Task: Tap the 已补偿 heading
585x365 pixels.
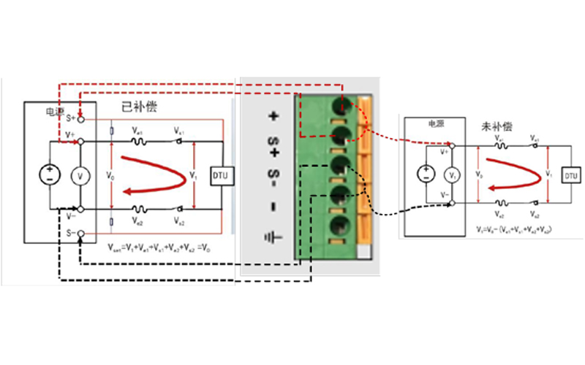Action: pyautogui.click(x=139, y=107)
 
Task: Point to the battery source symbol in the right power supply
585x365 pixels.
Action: pyautogui.click(x=425, y=174)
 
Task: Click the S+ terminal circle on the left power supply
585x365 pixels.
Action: pyautogui.click(x=81, y=118)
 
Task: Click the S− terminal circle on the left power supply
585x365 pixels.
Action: pyautogui.click(x=81, y=234)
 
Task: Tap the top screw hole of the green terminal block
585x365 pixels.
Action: pyautogui.click(x=341, y=102)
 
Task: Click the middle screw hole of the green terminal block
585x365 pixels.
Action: pyautogui.click(x=341, y=164)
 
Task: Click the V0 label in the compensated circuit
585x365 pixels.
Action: pyautogui.click(x=110, y=176)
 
